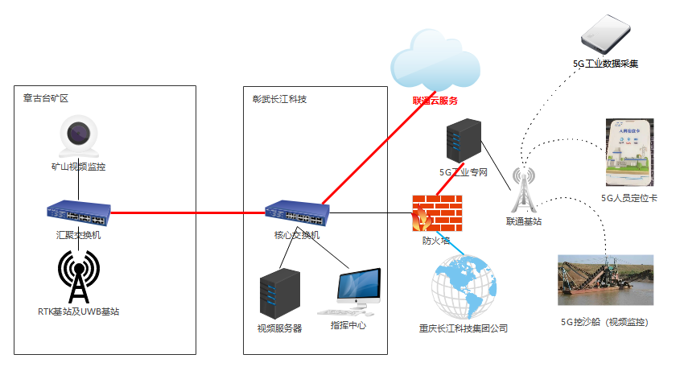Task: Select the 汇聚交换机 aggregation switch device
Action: (79, 213)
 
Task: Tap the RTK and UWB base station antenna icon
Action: (79, 277)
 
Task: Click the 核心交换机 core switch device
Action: (297, 213)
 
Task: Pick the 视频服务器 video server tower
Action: (280, 294)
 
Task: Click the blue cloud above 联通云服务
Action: (435, 60)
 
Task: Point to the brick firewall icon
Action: (437, 213)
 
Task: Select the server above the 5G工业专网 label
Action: (464, 141)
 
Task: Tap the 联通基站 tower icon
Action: (524, 190)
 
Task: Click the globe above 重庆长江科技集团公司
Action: (464, 287)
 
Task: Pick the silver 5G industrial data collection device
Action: (606, 35)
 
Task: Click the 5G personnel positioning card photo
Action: (629, 153)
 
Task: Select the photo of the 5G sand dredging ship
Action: (605, 280)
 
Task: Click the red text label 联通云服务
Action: (435, 101)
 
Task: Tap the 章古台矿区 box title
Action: (46, 98)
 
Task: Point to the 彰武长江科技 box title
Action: (279, 99)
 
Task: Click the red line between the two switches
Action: (188, 213)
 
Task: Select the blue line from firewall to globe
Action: (450, 243)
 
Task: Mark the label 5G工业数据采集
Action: (605, 64)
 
